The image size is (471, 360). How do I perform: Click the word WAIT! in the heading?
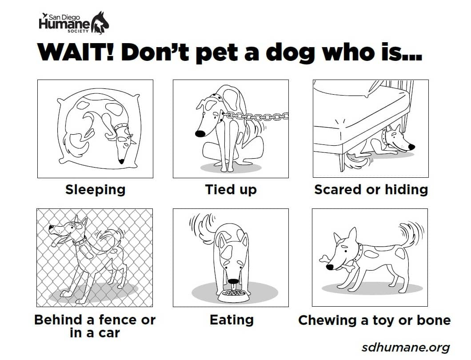[76, 52]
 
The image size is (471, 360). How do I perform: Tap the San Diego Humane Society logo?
[74, 23]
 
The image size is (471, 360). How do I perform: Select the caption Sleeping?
[95, 190]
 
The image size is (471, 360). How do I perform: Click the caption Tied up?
[231, 190]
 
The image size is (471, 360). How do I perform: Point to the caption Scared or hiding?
[371, 190]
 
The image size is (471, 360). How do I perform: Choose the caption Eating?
[232, 320]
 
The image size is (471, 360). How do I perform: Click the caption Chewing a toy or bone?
[374, 320]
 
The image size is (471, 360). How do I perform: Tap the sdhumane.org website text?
[406, 347]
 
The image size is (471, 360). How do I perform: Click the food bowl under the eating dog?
[233, 296]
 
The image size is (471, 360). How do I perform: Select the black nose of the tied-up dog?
[200, 133]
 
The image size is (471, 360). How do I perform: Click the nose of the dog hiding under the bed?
[411, 147]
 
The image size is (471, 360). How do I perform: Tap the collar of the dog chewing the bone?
[358, 253]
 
